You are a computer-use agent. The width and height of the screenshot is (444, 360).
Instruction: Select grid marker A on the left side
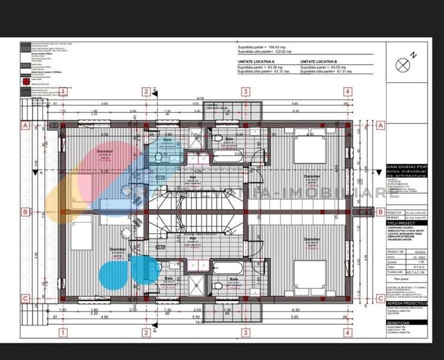click(x=25, y=126)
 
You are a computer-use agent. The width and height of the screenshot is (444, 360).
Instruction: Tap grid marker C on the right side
click(x=380, y=298)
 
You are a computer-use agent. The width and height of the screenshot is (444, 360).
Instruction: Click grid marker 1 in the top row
click(x=63, y=91)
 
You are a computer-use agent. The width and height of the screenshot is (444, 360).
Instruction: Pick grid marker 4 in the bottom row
click(x=347, y=333)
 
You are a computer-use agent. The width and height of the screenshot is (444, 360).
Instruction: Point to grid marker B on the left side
click(x=25, y=212)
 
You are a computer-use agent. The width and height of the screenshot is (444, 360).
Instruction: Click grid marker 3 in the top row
click(x=244, y=91)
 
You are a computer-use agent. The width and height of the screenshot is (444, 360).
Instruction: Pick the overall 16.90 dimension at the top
click(x=200, y=98)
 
